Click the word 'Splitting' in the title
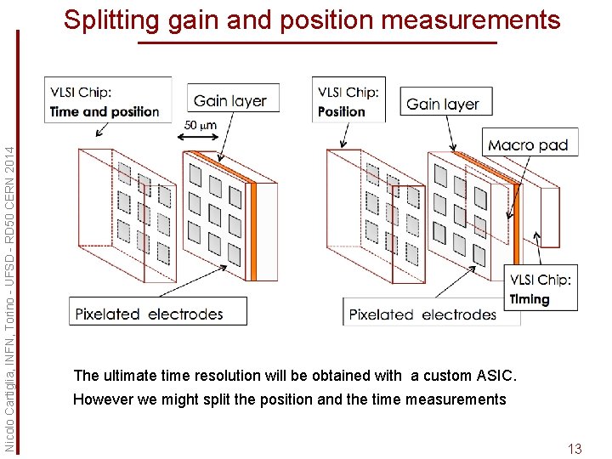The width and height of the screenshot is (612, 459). tap(111, 20)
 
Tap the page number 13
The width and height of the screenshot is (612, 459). tap(575, 449)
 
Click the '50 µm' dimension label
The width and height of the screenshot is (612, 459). tap(201, 125)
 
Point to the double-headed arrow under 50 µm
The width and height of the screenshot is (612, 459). tap(198, 137)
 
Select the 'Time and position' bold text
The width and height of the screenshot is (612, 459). tap(105, 112)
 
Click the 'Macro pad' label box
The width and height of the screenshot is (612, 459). tap(530, 142)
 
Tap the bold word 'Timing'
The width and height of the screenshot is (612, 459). tap(530, 299)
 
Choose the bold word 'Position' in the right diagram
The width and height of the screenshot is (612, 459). tap(342, 112)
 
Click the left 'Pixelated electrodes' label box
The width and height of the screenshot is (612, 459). tap(158, 311)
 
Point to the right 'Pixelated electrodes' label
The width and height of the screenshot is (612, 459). tap(422, 314)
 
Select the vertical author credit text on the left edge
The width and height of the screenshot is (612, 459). tap(8, 299)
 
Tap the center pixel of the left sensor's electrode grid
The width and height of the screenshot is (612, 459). tap(215, 215)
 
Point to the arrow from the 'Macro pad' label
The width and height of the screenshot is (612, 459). tap(518, 187)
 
